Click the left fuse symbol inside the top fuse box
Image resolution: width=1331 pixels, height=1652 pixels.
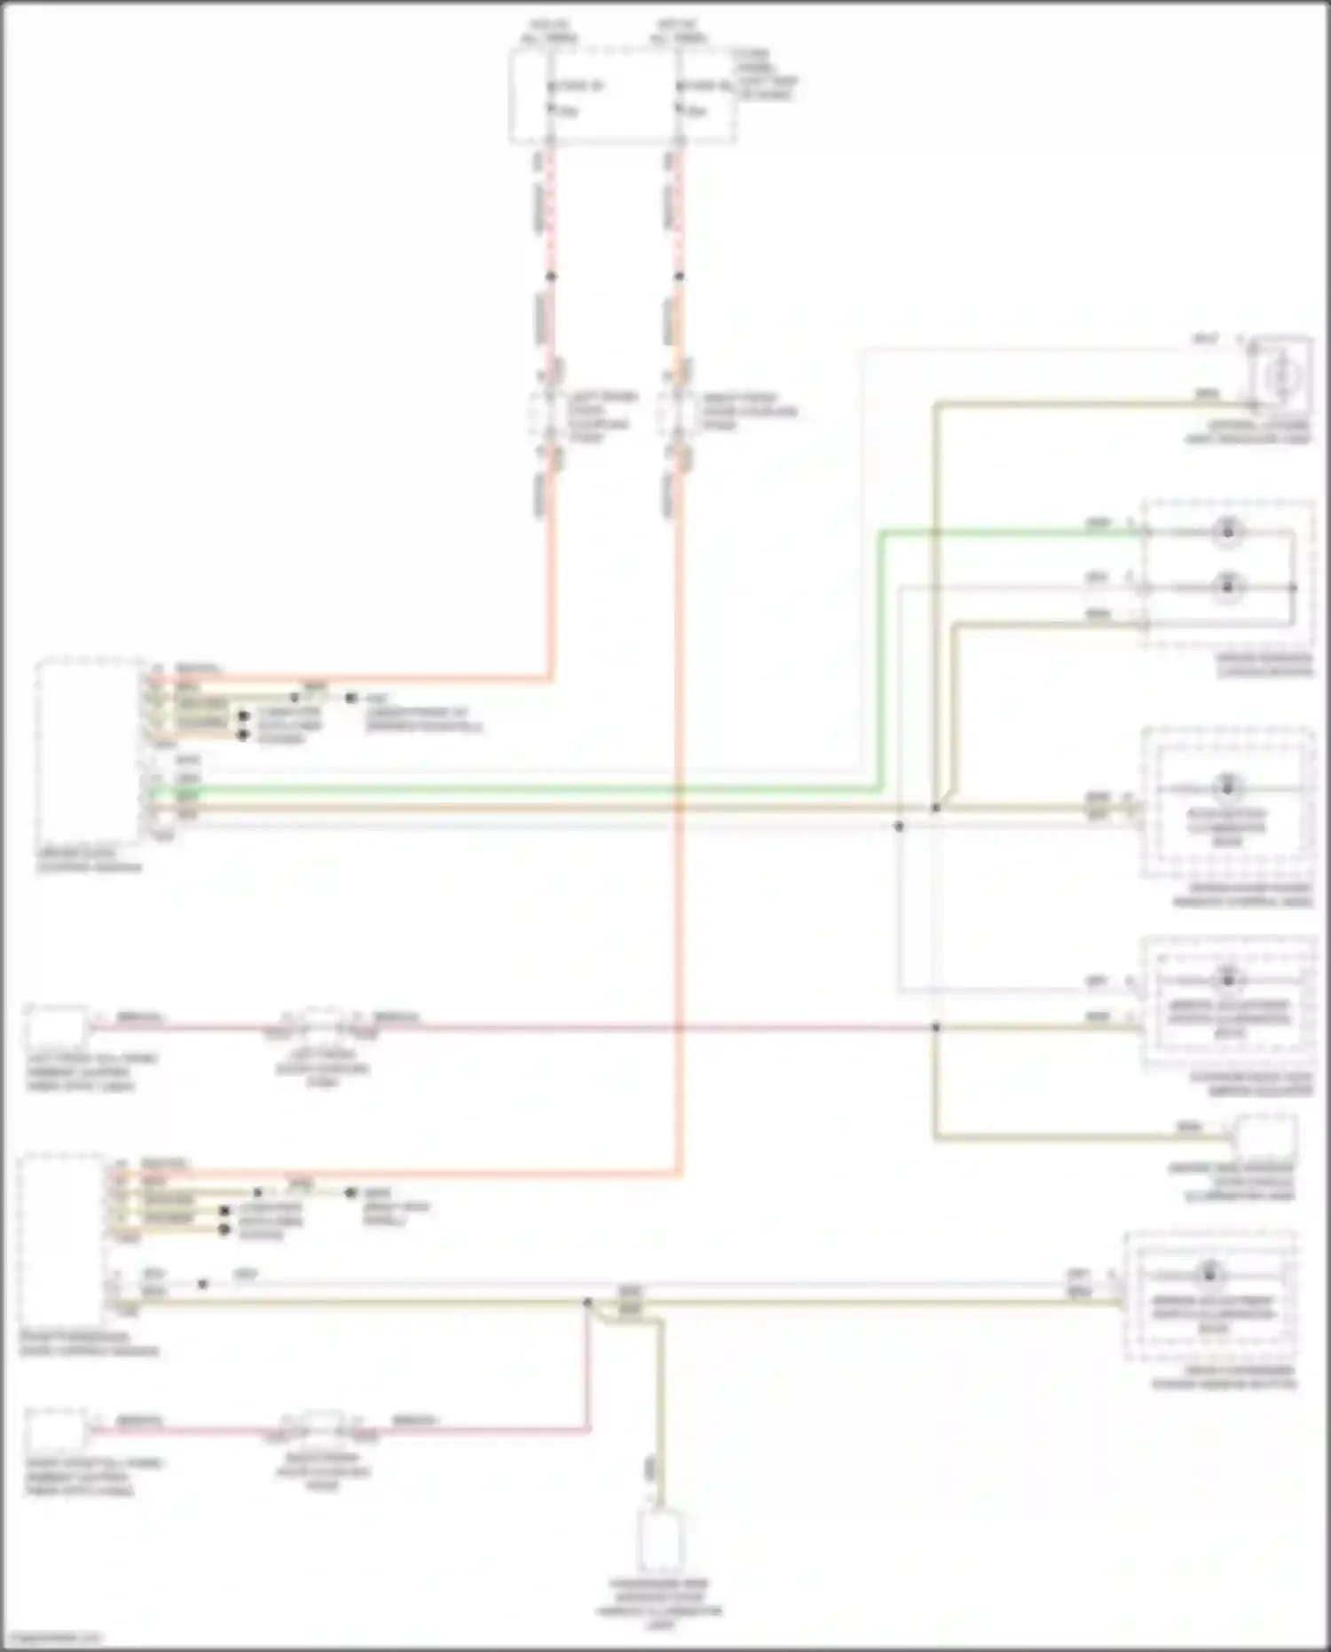click(x=550, y=99)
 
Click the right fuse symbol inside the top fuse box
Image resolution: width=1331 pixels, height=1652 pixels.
click(x=679, y=99)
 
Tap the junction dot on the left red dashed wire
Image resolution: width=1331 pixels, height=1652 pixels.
click(x=550, y=276)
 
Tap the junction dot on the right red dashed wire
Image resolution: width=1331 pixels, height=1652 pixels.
click(x=679, y=276)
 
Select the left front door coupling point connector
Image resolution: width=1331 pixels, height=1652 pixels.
click(x=550, y=415)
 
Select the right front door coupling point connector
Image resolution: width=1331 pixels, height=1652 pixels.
click(x=679, y=415)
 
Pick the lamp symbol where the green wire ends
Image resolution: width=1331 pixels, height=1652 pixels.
click(x=1228, y=532)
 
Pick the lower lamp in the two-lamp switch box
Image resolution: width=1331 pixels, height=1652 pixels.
click(x=1228, y=587)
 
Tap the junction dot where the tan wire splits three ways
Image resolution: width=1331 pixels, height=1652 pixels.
click(x=935, y=808)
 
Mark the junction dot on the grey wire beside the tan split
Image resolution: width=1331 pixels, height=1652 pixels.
click(x=899, y=826)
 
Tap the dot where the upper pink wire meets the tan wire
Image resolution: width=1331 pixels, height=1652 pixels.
click(x=935, y=1027)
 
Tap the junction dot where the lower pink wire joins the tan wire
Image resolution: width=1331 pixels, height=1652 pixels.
click(x=587, y=1302)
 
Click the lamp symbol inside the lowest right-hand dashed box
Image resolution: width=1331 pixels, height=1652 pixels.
click(x=1209, y=1274)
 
